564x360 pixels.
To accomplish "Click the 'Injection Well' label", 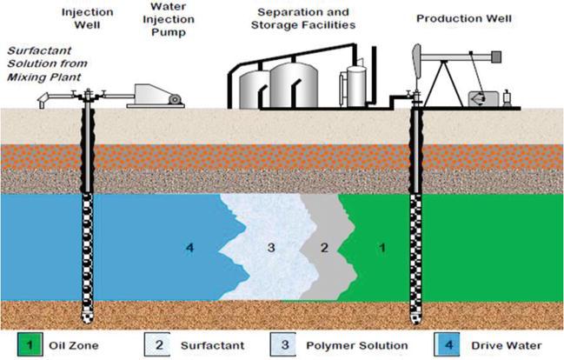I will [x=84, y=19].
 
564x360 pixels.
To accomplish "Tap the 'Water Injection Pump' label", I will [x=156, y=25].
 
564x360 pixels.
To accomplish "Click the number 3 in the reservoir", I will [x=271, y=249].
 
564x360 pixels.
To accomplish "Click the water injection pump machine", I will [x=156, y=93].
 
